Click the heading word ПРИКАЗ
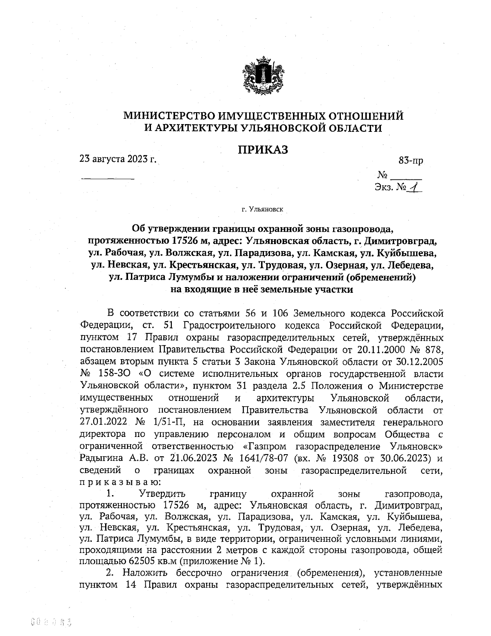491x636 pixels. [x=264, y=150]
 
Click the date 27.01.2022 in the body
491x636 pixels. [x=104, y=421]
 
